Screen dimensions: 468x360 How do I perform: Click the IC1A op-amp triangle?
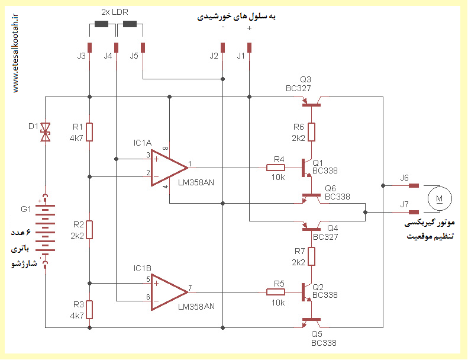(x=168, y=168)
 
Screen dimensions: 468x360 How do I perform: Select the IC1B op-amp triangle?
(x=168, y=292)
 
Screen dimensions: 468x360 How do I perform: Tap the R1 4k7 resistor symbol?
(x=89, y=132)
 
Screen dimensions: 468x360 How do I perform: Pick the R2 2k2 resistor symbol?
(x=89, y=230)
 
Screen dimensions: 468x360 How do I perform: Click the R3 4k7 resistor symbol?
(x=89, y=310)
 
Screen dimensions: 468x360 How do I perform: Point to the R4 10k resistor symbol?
(x=276, y=168)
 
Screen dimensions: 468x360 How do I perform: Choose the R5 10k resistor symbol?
(x=276, y=292)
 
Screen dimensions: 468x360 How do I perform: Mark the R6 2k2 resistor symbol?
(x=311, y=132)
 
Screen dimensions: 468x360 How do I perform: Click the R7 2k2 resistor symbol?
(x=311, y=256)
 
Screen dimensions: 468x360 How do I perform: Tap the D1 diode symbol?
(x=46, y=132)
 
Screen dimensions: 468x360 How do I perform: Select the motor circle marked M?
(x=440, y=198)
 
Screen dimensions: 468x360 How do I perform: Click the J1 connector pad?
(x=250, y=47)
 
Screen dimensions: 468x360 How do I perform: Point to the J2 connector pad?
(x=222, y=47)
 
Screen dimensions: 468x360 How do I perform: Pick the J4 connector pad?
(x=117, y=47)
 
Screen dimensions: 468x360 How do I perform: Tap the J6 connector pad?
(x=414, y=185)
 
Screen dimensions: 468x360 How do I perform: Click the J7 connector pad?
(x=414, y=212)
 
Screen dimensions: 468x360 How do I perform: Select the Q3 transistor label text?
(x=305, y=79)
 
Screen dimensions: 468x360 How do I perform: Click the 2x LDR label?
(x=115, y=12)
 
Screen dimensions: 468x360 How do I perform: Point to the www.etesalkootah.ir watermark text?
(x=15, y=53)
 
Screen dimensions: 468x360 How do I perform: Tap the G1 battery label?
(x=26, y=209)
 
